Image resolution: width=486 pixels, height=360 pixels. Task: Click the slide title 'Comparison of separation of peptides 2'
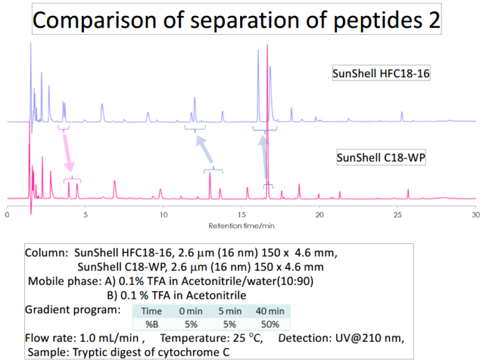pos(237,20)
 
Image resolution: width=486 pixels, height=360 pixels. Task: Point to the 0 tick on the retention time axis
pos(7,215)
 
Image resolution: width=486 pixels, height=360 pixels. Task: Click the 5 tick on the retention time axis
pos(85,215)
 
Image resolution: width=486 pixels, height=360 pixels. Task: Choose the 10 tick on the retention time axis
pos(163,215)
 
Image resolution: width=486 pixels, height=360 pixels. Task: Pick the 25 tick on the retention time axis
pos(397,215)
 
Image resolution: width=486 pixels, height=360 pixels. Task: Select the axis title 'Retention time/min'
pos(241,225)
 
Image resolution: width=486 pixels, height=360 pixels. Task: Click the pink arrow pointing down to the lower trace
pos(67,154)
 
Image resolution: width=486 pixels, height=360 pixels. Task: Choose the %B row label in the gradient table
pos(152,324)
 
